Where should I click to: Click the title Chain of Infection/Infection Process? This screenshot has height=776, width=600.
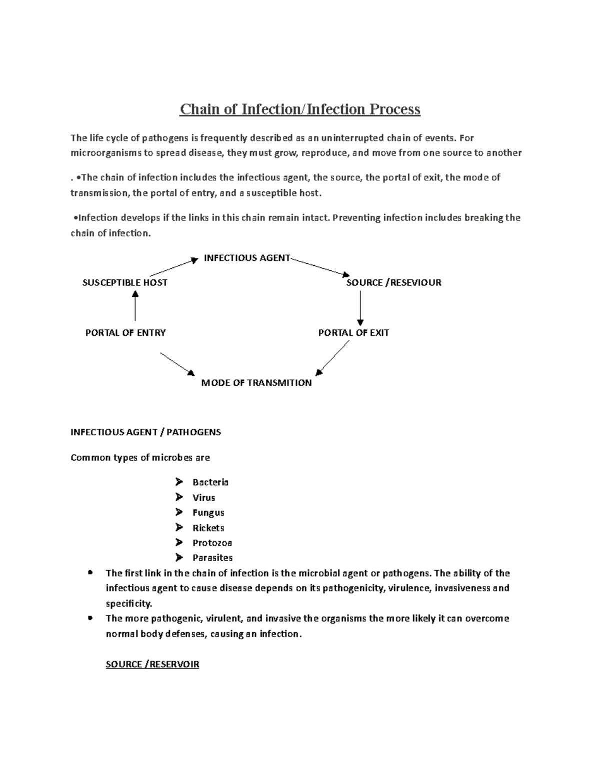point(300,109)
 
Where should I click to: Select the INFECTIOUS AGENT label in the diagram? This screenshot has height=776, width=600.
point(247,258)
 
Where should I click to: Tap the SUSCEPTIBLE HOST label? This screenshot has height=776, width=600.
point(124,283)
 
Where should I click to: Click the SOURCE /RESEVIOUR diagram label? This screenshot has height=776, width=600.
point(393,283)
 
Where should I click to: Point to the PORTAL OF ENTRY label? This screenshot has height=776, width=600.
point(125,333)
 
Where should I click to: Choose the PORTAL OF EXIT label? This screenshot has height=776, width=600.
point(353,333)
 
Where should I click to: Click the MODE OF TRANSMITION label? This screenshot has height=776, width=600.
point(256,383)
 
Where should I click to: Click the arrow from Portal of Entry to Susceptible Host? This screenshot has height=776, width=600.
point(135,306)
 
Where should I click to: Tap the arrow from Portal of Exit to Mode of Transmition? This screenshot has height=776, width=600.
point(333,357)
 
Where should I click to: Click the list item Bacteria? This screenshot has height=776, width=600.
point(210,482)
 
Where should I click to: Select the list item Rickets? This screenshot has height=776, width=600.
point(208,528)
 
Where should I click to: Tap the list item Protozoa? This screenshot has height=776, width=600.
point(212,543)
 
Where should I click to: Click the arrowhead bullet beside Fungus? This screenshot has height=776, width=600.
point(179,512)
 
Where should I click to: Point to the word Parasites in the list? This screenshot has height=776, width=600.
point(212,558)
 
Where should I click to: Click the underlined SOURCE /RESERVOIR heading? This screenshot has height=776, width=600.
point(152,664)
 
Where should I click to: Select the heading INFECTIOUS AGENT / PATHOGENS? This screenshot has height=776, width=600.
point(145,432)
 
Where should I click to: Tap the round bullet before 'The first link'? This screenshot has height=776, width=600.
point(90,573)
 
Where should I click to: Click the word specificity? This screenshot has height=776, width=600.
point(128,603)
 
